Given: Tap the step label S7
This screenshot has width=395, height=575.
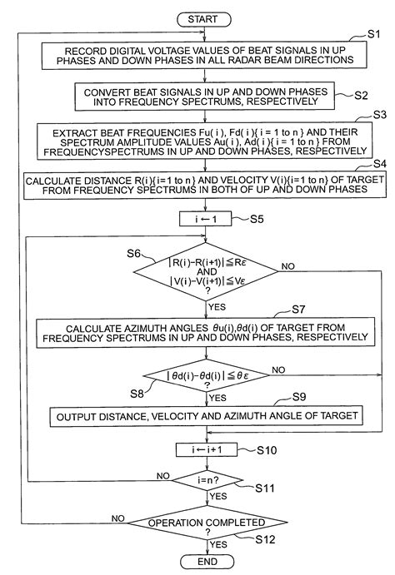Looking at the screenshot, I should click(297, 310).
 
